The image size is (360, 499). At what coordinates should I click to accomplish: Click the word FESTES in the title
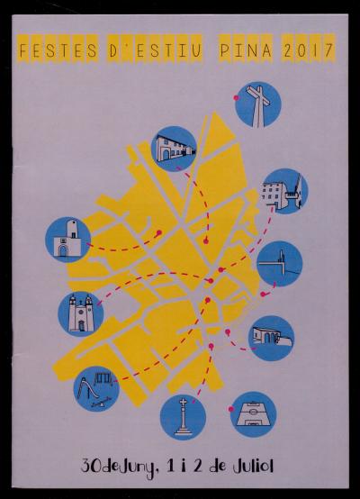[x=58, y=50]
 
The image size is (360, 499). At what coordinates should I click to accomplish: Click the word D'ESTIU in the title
[x=155, y=50]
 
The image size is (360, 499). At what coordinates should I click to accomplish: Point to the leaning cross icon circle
[x=258, y=104]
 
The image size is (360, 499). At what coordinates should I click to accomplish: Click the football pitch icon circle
[x=254, y=414]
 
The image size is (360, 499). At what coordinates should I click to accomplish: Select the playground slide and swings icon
[x=96, y=389]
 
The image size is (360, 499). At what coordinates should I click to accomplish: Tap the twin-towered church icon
[x=81, y=313]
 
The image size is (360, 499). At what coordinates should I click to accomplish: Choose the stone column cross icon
[x=183, y=417]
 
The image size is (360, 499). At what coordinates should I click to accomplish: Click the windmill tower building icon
[x=67, y=240]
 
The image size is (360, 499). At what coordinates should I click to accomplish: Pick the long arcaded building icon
[x=174, y=149]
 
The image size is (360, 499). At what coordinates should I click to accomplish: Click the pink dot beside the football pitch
[x=231, y=409]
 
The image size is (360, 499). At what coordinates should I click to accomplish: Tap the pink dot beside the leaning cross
[x=237, y=97]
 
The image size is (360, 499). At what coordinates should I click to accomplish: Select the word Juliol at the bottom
[x=253, y=467]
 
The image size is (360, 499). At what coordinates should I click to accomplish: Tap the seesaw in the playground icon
[x=101, y=404]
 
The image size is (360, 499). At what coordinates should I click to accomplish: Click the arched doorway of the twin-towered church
[x=81, y=325]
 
